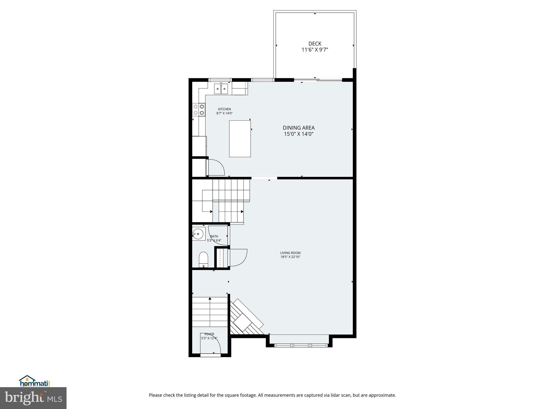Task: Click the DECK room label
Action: point(315,44)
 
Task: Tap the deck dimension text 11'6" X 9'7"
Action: point(315,50)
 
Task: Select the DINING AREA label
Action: point(299,128)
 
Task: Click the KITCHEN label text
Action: point(224,109)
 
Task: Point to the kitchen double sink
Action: point(221,89)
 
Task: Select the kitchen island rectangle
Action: point(240,139)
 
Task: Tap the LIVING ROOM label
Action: point(290,253)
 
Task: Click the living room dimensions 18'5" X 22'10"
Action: point(290,257)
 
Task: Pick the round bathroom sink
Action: point(198,234)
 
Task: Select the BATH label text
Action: point(214,236)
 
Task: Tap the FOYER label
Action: point(209,334)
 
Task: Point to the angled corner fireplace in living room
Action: point(245,318)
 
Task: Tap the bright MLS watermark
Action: point(33,398)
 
